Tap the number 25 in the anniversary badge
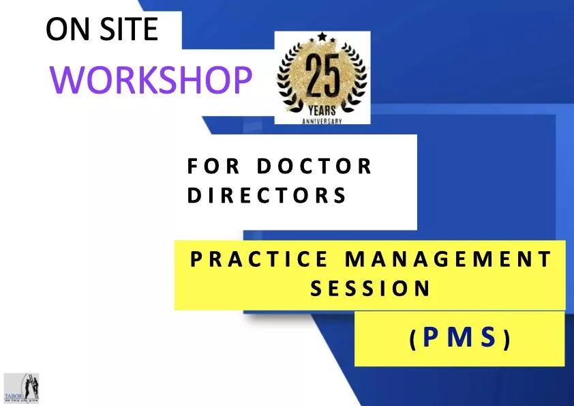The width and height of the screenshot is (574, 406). pos(322,77)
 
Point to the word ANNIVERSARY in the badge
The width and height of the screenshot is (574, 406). pos(322,120)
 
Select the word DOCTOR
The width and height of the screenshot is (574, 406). pos(314,166)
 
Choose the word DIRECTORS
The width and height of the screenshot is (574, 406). pos(267,196)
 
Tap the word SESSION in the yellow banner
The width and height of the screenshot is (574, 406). pos(370,289)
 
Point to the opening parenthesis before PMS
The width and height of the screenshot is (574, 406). pos(413,340)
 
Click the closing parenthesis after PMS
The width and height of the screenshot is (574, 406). pos(506,340)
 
